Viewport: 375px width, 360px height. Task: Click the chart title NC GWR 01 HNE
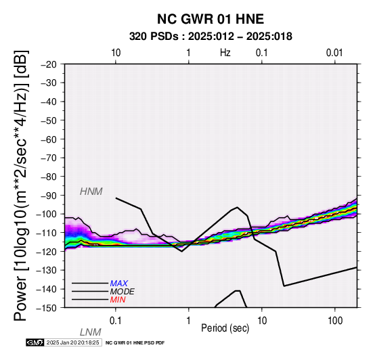tap(211, 19)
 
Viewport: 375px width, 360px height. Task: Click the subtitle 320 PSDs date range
tap(211, 37)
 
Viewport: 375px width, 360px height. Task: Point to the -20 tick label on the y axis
tap(49, 64)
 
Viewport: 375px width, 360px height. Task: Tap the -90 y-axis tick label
tap(49, 196)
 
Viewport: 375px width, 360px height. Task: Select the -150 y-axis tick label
tap(47, 308)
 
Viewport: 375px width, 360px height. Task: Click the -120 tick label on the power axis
tap(47, 252)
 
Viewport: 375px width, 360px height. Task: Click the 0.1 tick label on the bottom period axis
tap(116, 321)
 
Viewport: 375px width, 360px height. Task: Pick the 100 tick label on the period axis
tap(335, 321)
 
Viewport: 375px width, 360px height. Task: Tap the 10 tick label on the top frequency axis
tap(116, 53)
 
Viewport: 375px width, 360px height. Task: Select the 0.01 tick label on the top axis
tap(334, 53)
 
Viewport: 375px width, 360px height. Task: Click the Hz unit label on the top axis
tap(225, 53)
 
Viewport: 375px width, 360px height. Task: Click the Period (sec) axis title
tap(225, 328)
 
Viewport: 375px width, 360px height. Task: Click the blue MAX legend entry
tap(119, 284)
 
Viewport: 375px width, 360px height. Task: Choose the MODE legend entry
tap(123, 292)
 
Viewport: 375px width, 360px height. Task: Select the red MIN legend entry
tap(118, 300)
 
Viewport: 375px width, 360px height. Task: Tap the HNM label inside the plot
tap(91, 192)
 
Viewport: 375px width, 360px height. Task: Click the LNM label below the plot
tap(91, 332)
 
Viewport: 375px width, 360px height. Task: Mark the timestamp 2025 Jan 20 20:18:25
tap(72, 342)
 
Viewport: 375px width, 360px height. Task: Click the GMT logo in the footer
tap(35, 342)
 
